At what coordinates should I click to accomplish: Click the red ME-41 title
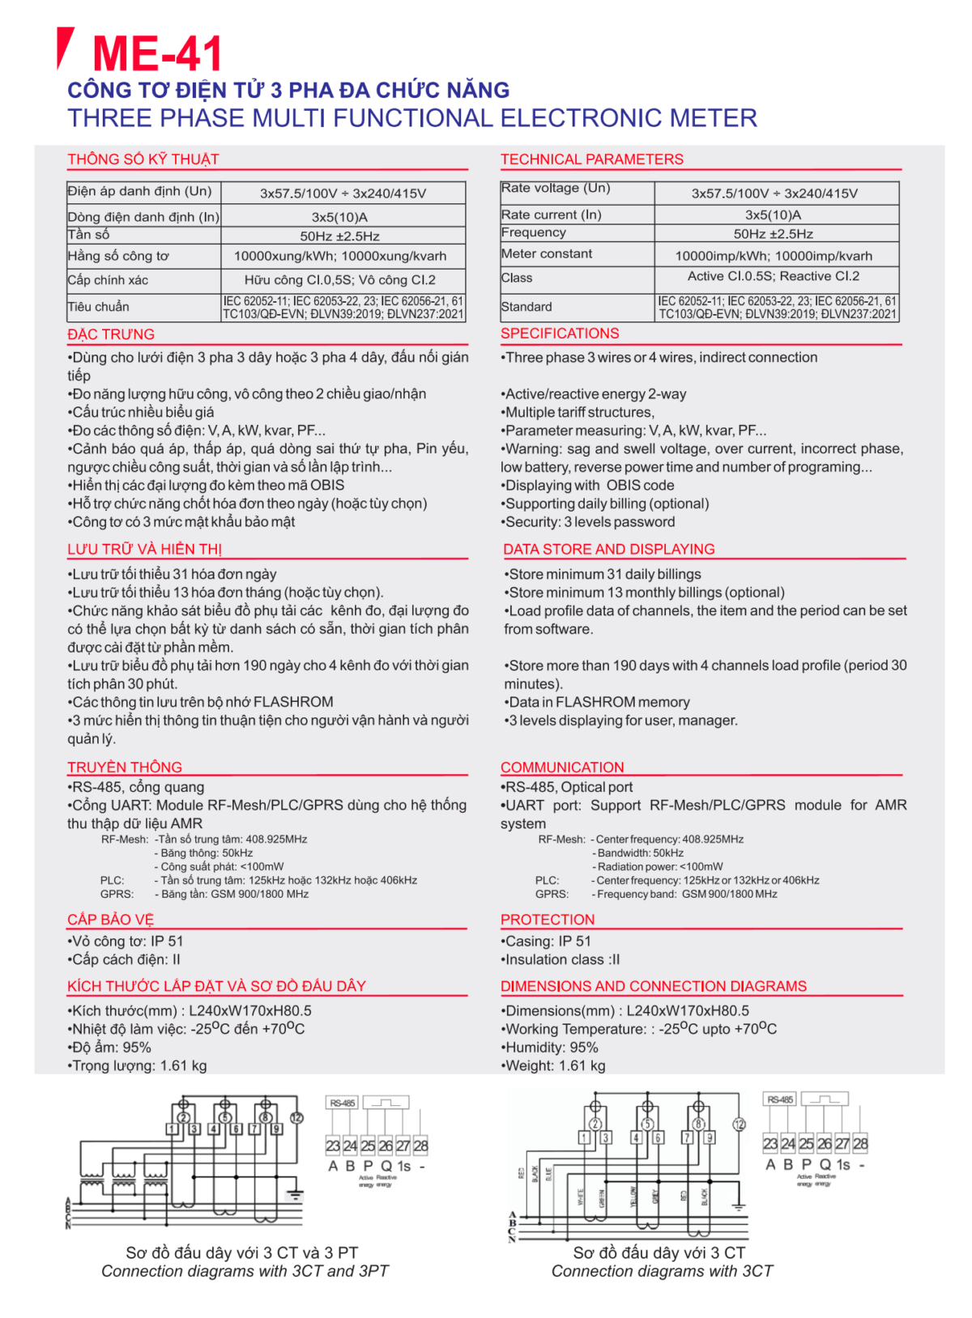[157, 53]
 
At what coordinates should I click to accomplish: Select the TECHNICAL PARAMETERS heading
[591, 159]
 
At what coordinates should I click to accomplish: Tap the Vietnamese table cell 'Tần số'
[89, 235]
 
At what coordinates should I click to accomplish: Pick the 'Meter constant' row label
[547, 254]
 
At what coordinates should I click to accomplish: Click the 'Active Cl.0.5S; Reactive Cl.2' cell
[774, 276]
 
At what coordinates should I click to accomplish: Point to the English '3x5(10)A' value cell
[774, 215]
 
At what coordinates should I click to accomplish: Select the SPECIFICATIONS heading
[560, 334]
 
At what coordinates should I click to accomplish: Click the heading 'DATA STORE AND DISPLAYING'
[608, 549]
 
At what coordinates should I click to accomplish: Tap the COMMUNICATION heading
[562, 767]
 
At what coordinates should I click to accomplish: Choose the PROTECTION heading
[548, 920]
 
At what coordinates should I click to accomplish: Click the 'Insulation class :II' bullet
[561, 959]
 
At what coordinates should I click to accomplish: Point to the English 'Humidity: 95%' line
[550, 1048]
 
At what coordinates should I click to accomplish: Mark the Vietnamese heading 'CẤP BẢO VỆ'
[110, 920]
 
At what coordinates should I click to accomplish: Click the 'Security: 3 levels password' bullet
[588, 522]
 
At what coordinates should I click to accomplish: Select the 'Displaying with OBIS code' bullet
[588, 485]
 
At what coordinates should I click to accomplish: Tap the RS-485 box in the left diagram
[342, 1103]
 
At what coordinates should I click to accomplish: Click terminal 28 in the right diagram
[860, 1144]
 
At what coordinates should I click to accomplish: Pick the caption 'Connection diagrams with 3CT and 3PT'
[245, 1271]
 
